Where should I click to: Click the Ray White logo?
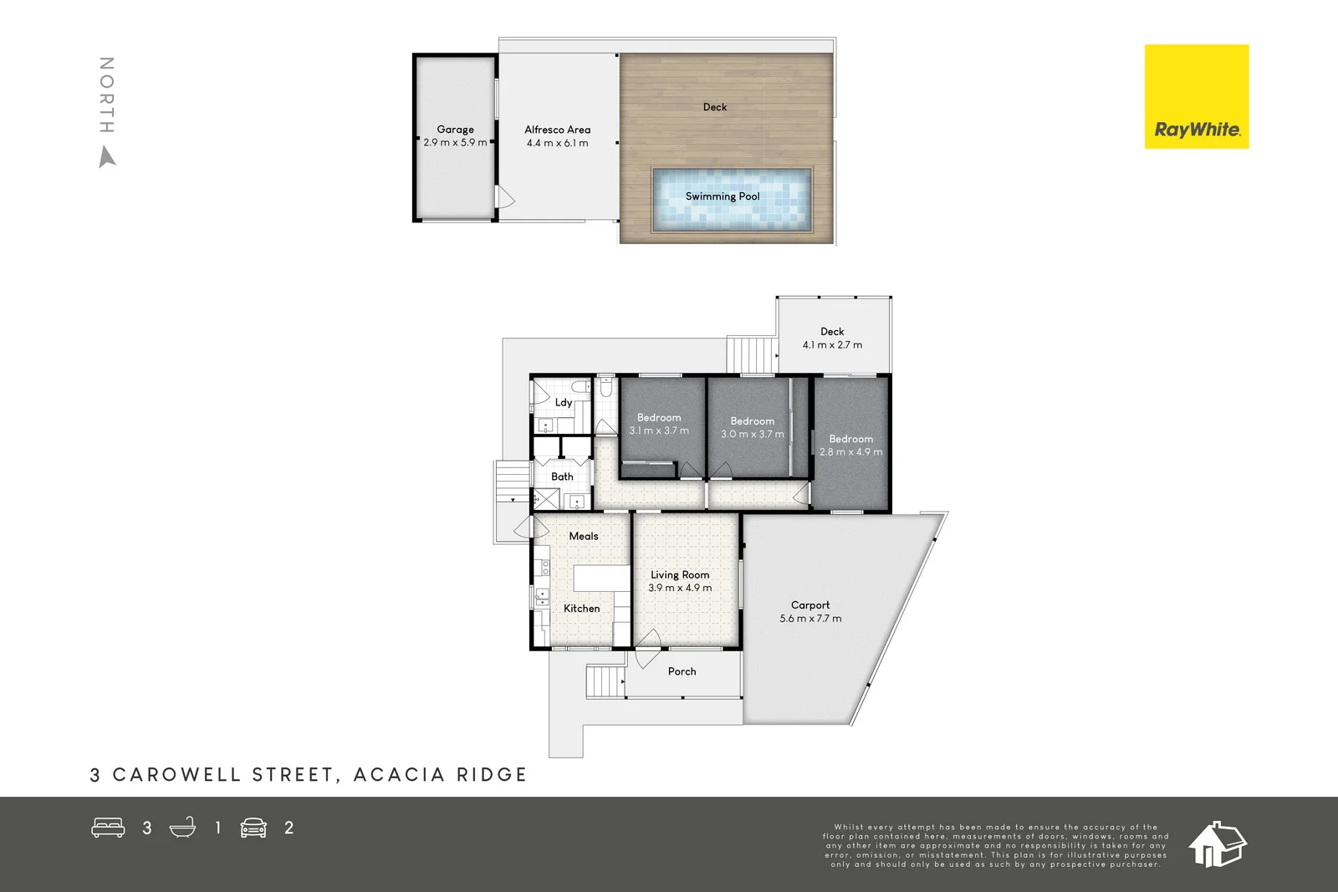(1196, 97)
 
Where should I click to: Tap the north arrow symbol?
(107, 157)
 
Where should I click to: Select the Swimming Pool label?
(723, 196)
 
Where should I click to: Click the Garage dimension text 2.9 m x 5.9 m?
(455, 143)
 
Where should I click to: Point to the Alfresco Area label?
(557, 130)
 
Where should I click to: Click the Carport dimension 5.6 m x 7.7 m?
(810, 619)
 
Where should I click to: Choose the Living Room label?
(680, 575)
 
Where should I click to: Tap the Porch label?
(682, 671)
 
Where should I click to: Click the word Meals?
(584, 536)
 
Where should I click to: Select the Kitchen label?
(581, 609)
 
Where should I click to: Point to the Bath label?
(562, 477)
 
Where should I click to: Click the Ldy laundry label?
(564, 402)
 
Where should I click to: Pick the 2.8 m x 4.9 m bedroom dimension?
(850, 452)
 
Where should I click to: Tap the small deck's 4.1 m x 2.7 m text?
(832, 345)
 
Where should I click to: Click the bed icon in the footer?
(108, 828)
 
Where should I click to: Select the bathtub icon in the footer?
(182, 828)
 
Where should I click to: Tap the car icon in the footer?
(253, 828)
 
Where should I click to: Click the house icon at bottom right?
(1217, 844)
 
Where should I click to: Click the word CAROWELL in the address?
(176, 775)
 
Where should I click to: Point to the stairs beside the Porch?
(605, 681)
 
